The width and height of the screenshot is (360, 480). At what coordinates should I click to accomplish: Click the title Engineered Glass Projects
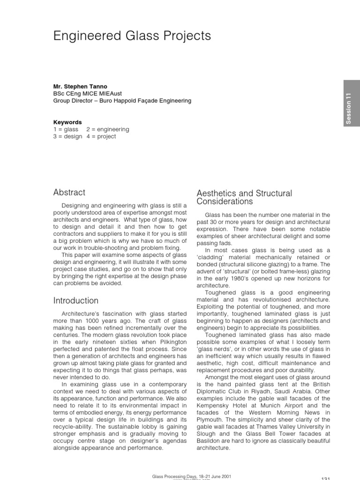132,36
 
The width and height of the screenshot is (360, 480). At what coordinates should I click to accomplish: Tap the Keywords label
68,122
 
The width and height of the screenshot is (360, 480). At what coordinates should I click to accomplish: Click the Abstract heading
69,192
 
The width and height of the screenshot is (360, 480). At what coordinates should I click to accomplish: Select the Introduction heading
76,300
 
